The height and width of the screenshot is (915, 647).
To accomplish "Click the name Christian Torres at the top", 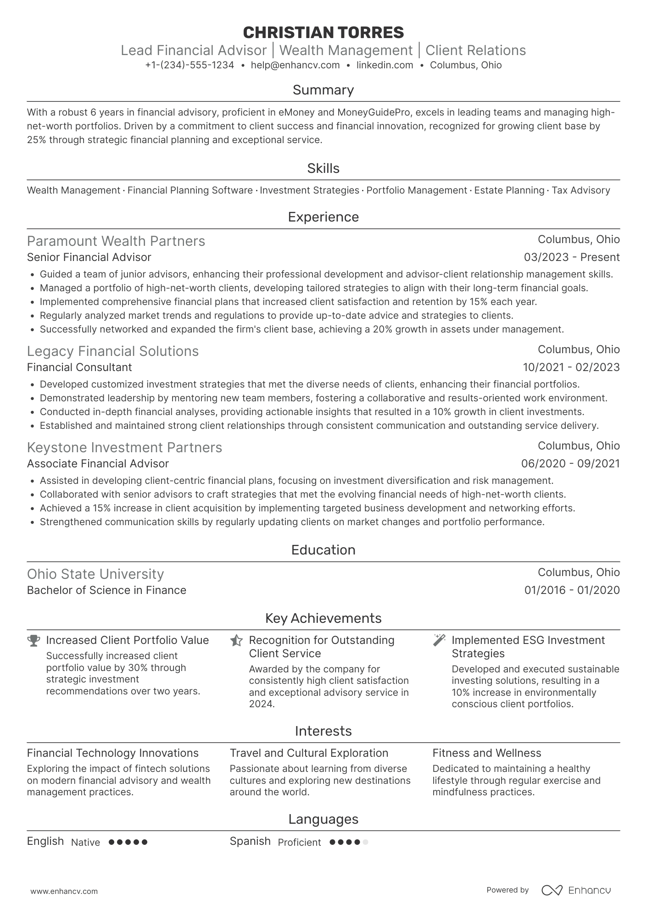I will pyautogui.click(x=323, y=33).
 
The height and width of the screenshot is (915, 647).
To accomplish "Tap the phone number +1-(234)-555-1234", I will pyautogui.click(x=190, y=65).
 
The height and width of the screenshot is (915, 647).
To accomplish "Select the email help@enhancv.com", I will pyautogui.click(x=295, y=65).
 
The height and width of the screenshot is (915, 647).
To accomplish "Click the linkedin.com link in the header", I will pyautogui.click(x=385, y=65).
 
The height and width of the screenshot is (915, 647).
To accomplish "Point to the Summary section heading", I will pyautogui.click(x=323, y=90).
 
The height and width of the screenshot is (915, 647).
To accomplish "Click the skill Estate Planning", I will pyautogui.click(x=509, y=190).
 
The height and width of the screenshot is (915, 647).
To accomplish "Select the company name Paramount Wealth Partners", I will pyautogui.click(x=116, y=241).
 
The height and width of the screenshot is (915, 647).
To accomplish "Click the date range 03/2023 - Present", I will pyautogui.click(x=571, y=257).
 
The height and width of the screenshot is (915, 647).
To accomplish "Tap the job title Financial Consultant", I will pyautogui.click(x=79, y=367).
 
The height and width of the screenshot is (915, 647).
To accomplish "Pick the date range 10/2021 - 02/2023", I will pyautogui.click(x=571, y=367).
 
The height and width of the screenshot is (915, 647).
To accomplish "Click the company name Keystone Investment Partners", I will pyautogui.click(x=124, y=448).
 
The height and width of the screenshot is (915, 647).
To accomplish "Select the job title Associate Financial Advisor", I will pyautogui.click(x=98, y=464).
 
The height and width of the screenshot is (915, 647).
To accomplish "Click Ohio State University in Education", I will pyautogui.click(x=95, y=574).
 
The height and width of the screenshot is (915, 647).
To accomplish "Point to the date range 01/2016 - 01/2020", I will pyautogui.click(x=572, y=590).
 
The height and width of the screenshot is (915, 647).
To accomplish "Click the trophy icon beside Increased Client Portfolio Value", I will pyautogui.click(x=33, y=640).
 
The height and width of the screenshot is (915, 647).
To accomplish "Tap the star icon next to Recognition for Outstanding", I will pyautogui.click(x=236, y=640).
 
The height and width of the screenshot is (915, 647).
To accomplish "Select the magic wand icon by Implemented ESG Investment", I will pyautogui.click(x=439, y=640).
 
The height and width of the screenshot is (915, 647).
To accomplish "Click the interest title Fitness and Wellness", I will pyautogui.click(x=486, y=753).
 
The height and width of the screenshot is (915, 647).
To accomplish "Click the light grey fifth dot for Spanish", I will pyautogui.click(x=365, y=842).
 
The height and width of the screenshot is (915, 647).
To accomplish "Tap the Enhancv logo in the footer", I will pyautogui.click(x=576, y=890).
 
